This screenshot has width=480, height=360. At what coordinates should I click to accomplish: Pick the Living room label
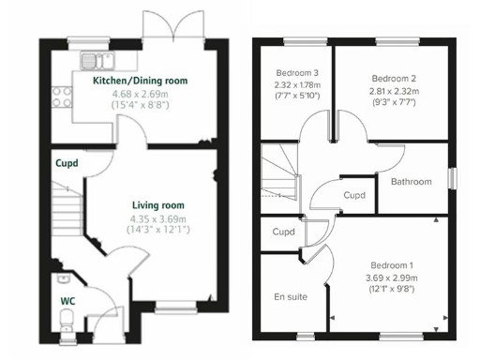[x=157, y=204]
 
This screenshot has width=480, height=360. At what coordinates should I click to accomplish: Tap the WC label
[x=67, y=300]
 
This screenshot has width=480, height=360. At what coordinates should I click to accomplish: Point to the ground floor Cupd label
[x=67, y=162]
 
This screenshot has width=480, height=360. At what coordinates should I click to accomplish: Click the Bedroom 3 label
[x=296, y=74]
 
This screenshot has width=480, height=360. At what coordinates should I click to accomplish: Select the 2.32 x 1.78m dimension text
[x=296, y=85]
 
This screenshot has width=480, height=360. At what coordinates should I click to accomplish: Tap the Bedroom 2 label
[x=393, y=78]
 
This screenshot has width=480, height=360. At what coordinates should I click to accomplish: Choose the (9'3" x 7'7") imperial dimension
[x=393, y=103]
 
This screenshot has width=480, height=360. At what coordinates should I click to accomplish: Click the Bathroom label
[x=412, y=182]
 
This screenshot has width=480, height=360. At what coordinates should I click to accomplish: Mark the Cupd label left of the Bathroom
[x=354, y=196]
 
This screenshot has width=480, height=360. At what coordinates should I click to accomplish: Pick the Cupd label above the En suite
[x=283, y=232]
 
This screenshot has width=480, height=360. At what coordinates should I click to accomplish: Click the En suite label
[x=291, y=296]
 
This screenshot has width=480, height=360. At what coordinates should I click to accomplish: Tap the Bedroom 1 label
[x=392, y=264]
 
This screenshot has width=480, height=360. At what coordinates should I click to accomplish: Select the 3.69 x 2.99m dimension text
[x=392, y=277]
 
